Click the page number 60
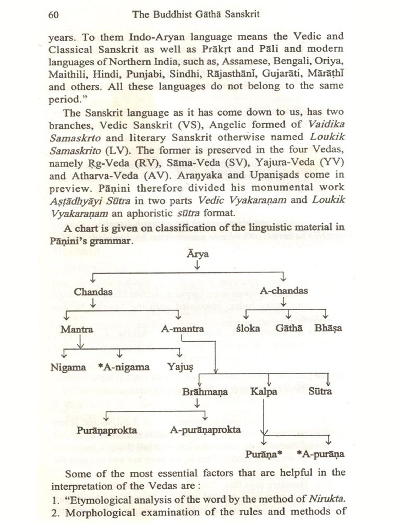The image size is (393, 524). [x=53, y=15]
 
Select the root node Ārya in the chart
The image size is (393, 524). [x=198, y=254]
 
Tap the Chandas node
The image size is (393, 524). [x=93, y=292]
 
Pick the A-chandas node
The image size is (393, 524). [x=284, y=291]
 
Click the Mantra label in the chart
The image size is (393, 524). [x=77, y=329]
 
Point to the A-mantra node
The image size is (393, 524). [x=182, y=329]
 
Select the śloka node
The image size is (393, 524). [x=248, y=329]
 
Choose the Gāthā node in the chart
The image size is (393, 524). [x=289, y=328]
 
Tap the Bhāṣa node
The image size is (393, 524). [x=328, y=328]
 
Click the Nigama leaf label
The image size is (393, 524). [x=68, y=367]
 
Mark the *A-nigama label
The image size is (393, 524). [x=124, y=367]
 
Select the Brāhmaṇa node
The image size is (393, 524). [x=205, y=392]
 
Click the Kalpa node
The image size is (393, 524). [x=264, y=392]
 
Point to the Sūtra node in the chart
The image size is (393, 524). [x=320, y=391]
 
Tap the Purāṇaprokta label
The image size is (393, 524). [x=107, y=430]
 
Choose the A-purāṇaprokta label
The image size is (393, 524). [x=205, y=430]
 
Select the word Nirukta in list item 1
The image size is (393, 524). [x=326, y=499]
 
